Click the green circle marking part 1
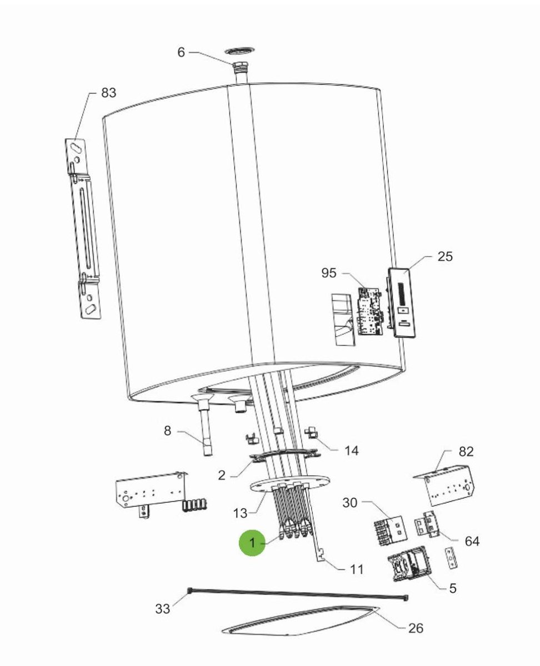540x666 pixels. tap(252, 543)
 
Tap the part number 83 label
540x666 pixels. tap(109, 93)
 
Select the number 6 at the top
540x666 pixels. tap(181, 52)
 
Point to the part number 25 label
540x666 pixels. tap(445, 256)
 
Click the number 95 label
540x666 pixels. tap(329, 273)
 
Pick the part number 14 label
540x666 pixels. tap(351, 451)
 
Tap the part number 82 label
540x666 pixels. tap(466, 452)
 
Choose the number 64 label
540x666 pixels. tap(472, 541)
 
